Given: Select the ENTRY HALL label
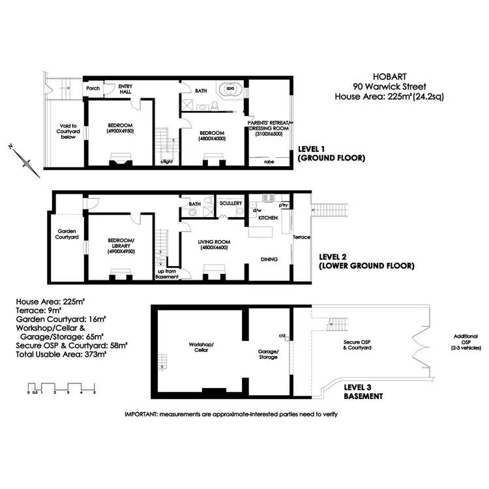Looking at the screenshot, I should pos(125,89).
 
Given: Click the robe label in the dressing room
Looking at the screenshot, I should pos(269,161).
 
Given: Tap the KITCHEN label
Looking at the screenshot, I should pos(268,218).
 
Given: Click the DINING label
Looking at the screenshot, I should pos(269,259).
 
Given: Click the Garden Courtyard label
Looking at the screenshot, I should pos(68,235).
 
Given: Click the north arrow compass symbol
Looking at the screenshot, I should pos(24,158).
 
